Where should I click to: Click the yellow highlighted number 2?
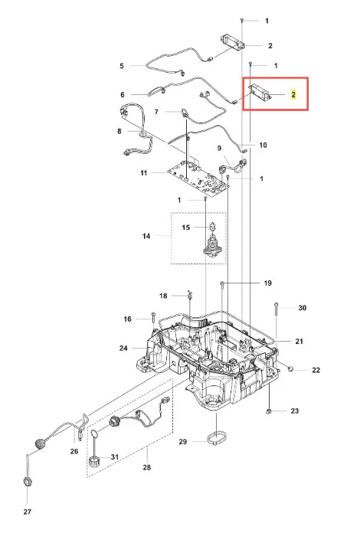pyautogui.click(x=293, y=94)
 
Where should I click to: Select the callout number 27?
pyautogui.click(x=28, y=512)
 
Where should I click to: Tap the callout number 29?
pyautogui.click(x=183, y=441)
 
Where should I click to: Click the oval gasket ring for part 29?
pyautogui.click(x=217, y=439)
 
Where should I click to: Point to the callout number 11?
pyautogui.click(x=144, y=173)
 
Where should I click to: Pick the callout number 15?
pyautogui.click(x=185, y=228)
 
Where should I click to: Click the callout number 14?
pyautogui.click(x=146, y=236)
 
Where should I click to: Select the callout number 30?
pyautogui.click(x=302, y=308)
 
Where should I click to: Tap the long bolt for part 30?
pyautogui.click(x=276, y=319)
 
